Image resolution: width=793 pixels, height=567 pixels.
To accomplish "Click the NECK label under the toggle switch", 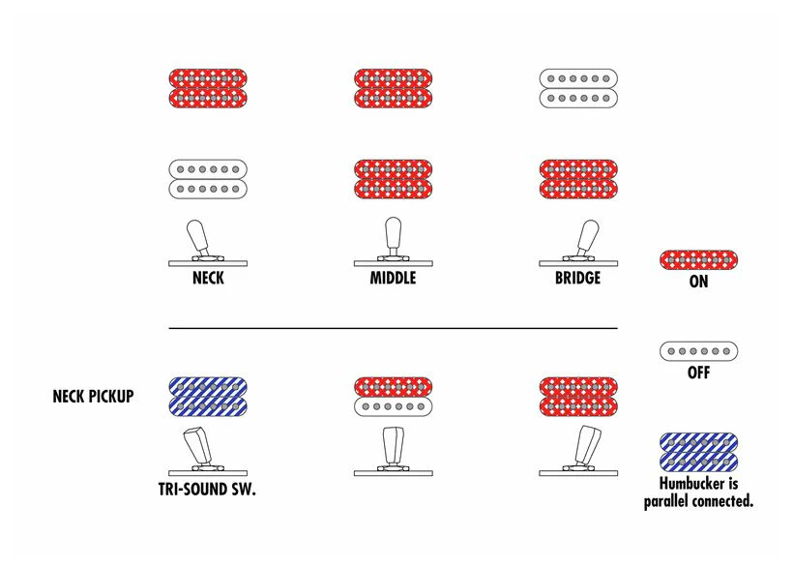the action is (208, 279).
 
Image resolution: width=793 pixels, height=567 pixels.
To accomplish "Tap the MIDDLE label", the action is (393, 279).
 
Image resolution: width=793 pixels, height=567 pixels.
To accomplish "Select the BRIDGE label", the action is (578, 279).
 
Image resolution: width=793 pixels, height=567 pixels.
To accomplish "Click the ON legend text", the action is (698, 282).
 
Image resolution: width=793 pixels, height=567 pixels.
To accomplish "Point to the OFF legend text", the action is (698, 373).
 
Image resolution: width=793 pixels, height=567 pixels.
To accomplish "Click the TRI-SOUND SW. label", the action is (207, 490).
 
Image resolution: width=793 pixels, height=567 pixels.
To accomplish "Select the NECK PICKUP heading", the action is (94, 396).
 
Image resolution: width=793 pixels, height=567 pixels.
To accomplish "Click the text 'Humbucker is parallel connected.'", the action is (698, 492).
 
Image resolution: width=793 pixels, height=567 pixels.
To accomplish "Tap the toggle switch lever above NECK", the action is (197, 238).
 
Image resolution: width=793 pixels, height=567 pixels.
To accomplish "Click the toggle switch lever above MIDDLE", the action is (393, 237).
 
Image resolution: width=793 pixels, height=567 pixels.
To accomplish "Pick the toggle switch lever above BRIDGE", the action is (588, 238).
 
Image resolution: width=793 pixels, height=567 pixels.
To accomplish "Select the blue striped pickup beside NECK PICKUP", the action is (208, 397).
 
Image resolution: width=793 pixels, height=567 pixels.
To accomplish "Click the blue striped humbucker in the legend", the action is (698, 452).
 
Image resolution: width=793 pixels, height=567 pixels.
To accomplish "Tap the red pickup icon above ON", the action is (698, 260).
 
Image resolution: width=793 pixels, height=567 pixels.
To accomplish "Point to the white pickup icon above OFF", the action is (698, 351).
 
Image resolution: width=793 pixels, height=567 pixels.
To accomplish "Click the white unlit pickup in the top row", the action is (578, 88).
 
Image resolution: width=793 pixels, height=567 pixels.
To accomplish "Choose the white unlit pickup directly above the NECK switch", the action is (208, 179).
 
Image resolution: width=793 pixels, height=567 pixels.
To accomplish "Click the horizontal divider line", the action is (393, 328).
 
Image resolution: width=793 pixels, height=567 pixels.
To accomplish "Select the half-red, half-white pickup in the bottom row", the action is (393, 397).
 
